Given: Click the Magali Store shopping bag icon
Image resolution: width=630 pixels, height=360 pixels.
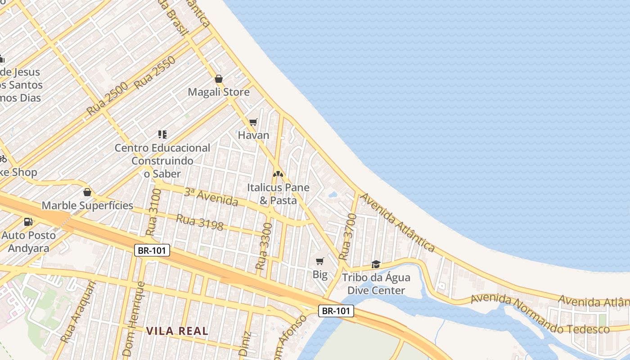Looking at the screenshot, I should [219, 79].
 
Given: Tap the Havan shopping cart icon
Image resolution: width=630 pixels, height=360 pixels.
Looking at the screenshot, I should [253, 122].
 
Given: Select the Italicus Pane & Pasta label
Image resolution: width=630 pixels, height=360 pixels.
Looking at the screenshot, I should [278, 194].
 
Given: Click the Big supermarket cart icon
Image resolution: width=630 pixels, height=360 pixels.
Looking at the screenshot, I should [320, 261].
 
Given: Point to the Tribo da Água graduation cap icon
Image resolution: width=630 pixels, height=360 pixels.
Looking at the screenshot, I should [376, 264].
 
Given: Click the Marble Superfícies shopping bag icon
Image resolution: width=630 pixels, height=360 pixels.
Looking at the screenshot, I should [87, 193].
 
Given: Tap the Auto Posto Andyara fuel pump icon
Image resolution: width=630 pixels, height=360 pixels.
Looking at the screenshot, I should [28, 221].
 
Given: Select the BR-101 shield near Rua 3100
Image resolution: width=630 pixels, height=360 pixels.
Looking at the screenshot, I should [152, 250].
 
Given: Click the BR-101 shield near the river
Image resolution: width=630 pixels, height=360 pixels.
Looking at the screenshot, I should [336, 310].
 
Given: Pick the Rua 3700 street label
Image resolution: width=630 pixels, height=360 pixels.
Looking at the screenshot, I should [347, 237].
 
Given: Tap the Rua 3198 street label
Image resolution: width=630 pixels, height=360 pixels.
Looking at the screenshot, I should [199, 222].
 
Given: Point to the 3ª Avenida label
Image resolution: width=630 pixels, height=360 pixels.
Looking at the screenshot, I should [211, 197].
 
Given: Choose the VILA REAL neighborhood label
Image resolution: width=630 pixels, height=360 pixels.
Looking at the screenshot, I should [177, 331].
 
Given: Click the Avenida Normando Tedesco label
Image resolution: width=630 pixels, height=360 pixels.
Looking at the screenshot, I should [540, 314].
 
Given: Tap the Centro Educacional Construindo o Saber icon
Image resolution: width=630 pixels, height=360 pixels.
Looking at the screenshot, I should [162, 134].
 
